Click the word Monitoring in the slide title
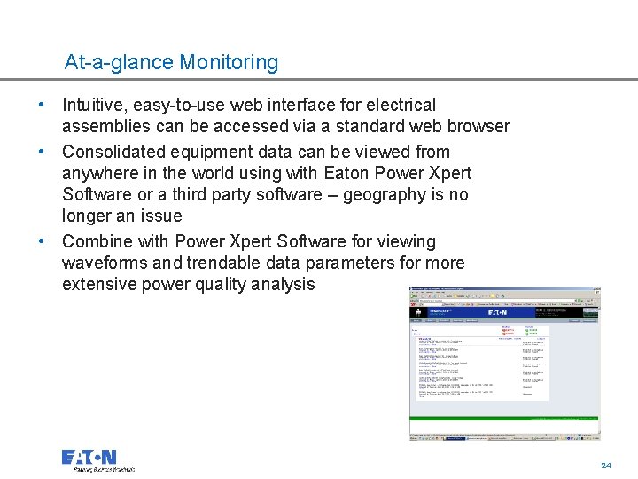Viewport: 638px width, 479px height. [x=229, y=63]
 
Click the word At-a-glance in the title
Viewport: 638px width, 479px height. [x=119, y=63]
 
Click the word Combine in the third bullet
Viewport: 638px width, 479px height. [x=97, y=241]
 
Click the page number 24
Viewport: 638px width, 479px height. [x=606, y=466]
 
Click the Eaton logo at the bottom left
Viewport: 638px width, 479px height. [x=89, y=458]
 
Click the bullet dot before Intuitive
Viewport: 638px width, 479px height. [x=42, y=106]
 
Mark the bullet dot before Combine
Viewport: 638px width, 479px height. [x=42, y=241]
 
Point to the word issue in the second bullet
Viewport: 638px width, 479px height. [x=160, y=216]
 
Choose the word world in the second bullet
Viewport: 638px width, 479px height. [x=198, y=173]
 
